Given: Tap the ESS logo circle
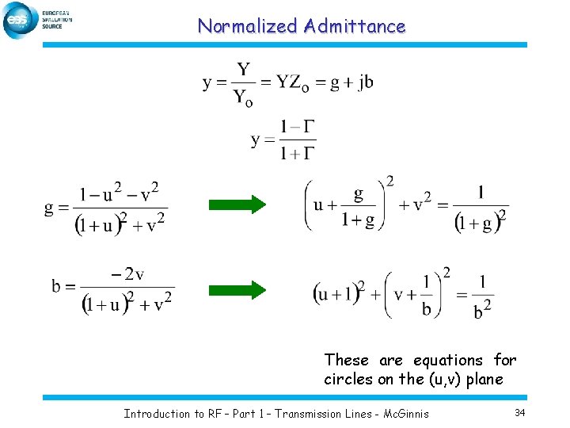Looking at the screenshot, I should pos(18,20).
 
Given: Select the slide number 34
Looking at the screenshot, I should pos(520,412).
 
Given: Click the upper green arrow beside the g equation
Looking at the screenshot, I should pos(237,204).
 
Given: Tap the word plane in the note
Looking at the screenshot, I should pos(484,379).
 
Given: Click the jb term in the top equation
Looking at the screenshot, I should pos(364,82).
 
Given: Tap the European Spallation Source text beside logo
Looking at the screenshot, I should pos(56,19).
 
